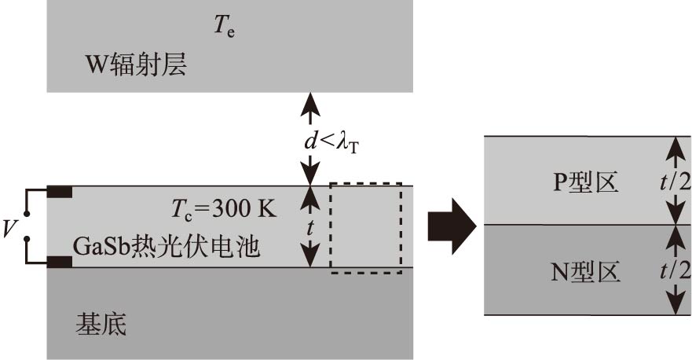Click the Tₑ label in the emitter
[x=225, y=28]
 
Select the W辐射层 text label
[x=136, y=64]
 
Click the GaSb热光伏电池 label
[x=167, y=247]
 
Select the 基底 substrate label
[x=100, y=322]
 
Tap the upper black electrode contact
[x=60, y=191]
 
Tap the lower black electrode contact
[x=60, y=262]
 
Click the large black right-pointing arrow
[x=452, y=226]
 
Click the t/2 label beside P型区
[x=675, y=181]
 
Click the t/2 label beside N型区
[x=675, y=270]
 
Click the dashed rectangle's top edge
[x=366, y=183]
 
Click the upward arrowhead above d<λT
[x=312, y=100]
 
